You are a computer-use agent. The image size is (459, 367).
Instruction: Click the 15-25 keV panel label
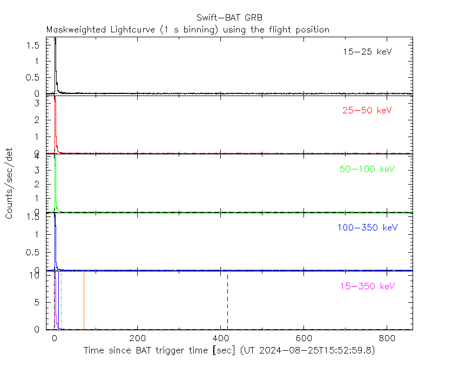(x=367, y=52)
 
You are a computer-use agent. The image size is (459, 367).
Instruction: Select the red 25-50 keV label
(x=367, y=111)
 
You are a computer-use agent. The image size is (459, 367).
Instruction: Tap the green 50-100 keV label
(x=367, y=169)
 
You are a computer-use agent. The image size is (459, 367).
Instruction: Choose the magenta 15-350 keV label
(x=367, y=286)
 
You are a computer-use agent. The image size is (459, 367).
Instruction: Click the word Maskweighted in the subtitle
(x=77, y=30)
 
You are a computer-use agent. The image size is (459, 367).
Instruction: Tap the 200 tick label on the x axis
(x=138, y=338)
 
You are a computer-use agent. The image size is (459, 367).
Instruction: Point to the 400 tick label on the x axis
(x=221, y=338)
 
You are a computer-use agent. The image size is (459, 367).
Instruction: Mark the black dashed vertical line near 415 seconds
(x=227, y=302)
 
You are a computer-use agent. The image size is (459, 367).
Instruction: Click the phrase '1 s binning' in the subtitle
(x=194, y=30)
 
